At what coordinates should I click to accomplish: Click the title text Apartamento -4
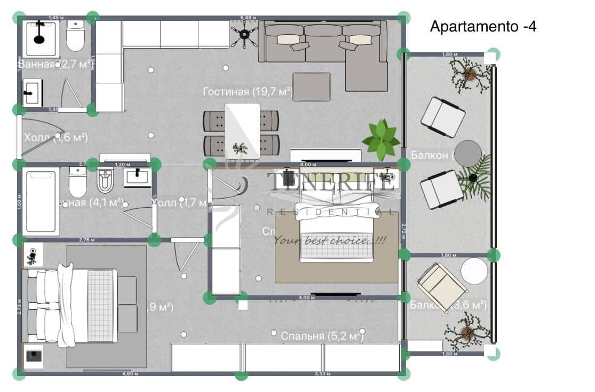click(x=482, y=27)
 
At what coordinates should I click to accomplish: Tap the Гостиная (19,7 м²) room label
click(x=247, y=92)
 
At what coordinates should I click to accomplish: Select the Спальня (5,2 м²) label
click(x=322, y=336)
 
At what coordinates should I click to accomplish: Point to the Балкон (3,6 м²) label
click(x=448, y=305)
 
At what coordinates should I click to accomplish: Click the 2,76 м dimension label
click(x=86, y=240)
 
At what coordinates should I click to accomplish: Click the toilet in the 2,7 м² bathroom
click(x=75, y=35)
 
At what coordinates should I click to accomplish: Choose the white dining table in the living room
click(x=242, y=130)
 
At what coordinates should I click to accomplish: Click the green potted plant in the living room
click(x=381, y=139)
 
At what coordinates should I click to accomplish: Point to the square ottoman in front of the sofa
click(x=312, y=87)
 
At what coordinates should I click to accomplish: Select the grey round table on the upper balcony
click(x=468, y=153)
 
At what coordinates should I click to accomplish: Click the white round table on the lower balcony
click(x=474, y=271)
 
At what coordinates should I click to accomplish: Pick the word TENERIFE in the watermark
click(x=331, y=182)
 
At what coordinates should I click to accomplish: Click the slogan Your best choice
click(x=329, y=240)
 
